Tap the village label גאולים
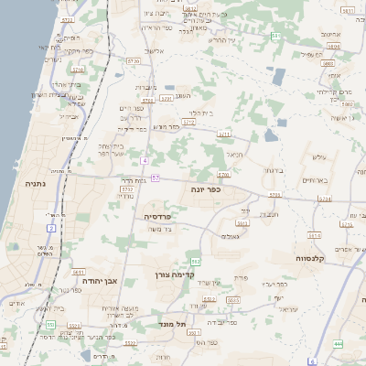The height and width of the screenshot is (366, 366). coord(231,236)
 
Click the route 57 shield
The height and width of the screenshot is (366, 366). coord(156,178)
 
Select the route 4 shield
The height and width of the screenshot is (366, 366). coord(145,160)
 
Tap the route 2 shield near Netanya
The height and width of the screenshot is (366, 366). coord(51,227)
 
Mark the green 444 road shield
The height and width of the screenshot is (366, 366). coord(338,343)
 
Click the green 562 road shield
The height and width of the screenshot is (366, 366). coord(195,262)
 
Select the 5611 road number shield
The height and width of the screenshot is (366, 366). coord(79,272)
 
